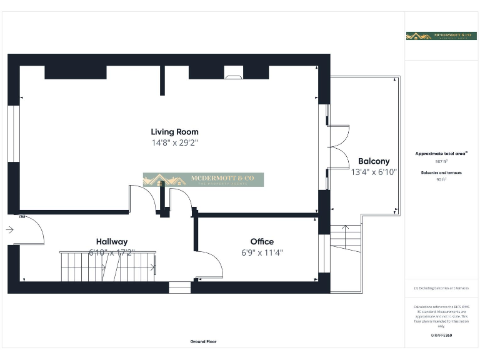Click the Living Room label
174,132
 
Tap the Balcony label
374,161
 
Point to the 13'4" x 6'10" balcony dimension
374,171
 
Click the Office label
262,241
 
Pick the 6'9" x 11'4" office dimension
262,252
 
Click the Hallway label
112,241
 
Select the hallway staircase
107,267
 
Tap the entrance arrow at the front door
10,230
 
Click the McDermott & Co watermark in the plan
203,180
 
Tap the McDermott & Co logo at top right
441,36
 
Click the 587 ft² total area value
441,161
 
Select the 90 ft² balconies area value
441,179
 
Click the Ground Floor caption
203,342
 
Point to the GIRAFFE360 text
441,336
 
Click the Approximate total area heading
441,153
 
